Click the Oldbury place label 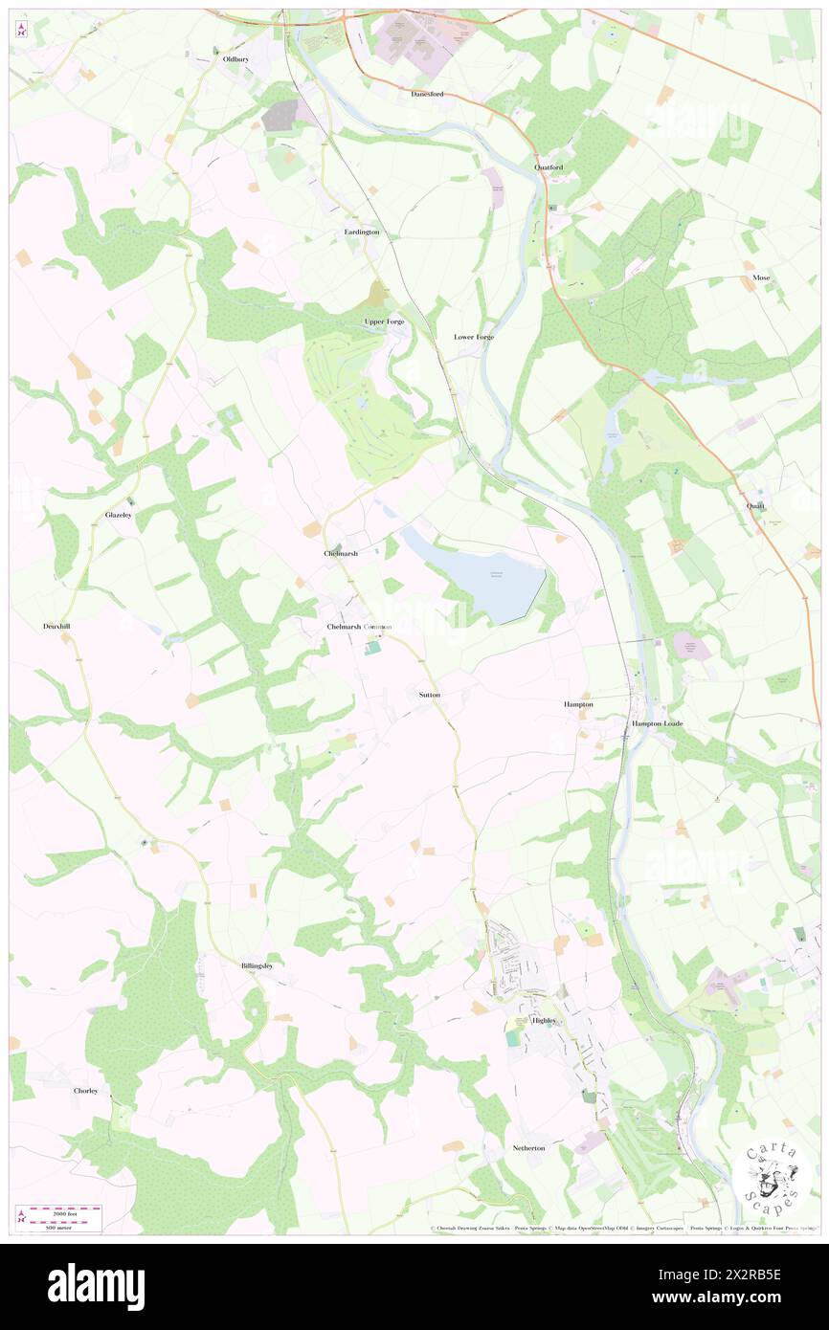(x=235, y=58)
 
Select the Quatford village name (x=549, y=167)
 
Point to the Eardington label (x=362, y=233)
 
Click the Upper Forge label (x=384, y=321)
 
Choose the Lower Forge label (x=474, y=337)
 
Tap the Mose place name (x=761, y=277)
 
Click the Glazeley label (x=119, y=515)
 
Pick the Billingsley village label (x=257, y=966)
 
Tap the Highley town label (x=544, y=1020)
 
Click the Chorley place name (x=86, y=1091)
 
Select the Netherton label (x=528, y=1147)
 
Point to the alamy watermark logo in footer (x=96, y=1286)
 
